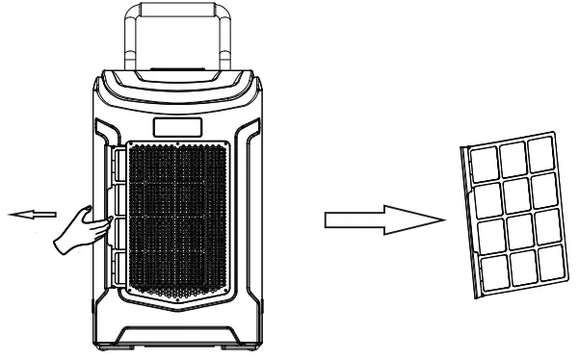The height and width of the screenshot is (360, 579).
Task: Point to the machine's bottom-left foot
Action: (125, 340)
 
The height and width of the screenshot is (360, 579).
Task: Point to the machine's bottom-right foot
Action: (239, 340)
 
